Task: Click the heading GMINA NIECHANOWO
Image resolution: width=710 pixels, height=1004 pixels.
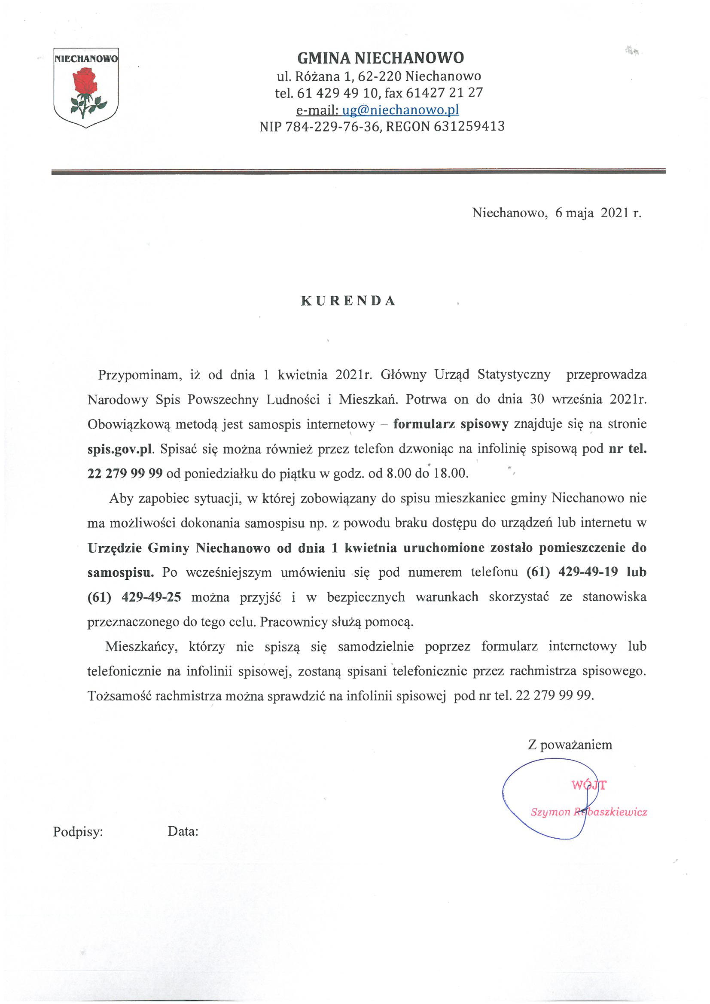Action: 380,58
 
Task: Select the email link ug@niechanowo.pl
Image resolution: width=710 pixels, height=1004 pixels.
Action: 400,110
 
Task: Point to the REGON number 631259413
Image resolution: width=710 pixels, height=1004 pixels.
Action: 469,126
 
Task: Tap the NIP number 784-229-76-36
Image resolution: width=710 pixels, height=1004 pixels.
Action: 332,126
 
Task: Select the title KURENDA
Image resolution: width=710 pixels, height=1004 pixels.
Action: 348,301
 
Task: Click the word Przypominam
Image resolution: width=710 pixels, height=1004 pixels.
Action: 140,375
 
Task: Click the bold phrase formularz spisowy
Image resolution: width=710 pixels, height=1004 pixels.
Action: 451,424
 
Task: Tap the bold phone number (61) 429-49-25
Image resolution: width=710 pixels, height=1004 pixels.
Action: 134,597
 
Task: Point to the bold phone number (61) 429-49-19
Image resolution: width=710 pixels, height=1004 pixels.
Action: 572,572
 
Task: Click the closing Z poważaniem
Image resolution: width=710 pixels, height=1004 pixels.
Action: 570,745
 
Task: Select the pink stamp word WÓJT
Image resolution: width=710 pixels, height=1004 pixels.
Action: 589,785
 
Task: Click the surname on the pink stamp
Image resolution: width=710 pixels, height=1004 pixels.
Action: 611,812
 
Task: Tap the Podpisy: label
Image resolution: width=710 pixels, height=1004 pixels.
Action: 78,832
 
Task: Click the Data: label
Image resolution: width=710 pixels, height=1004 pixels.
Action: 183,831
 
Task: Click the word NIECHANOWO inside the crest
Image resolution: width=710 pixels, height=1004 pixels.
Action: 86,58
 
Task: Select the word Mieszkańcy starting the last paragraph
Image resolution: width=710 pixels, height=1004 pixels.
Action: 141,647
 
